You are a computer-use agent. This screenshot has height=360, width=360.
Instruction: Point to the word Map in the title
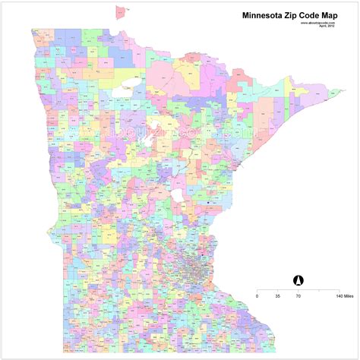click(x=339, y=14)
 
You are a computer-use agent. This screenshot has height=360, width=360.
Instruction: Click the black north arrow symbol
click(x=298, y=279)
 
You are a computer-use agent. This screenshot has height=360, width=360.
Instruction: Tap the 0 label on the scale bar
click(x=257, y=295)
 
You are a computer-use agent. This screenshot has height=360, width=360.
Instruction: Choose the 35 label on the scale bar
click(x=278, y=295)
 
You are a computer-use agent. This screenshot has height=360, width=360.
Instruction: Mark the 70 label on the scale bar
click(x=298, y=295)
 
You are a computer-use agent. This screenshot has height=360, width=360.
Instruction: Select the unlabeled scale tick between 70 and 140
click(x=320, y=289)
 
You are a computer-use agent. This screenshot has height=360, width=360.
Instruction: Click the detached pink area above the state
click(x=120, y=11)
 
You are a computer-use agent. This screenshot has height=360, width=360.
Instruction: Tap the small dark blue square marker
click(x=207, y=203)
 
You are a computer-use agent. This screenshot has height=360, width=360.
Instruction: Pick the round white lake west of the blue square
click(x=179, y=196)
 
